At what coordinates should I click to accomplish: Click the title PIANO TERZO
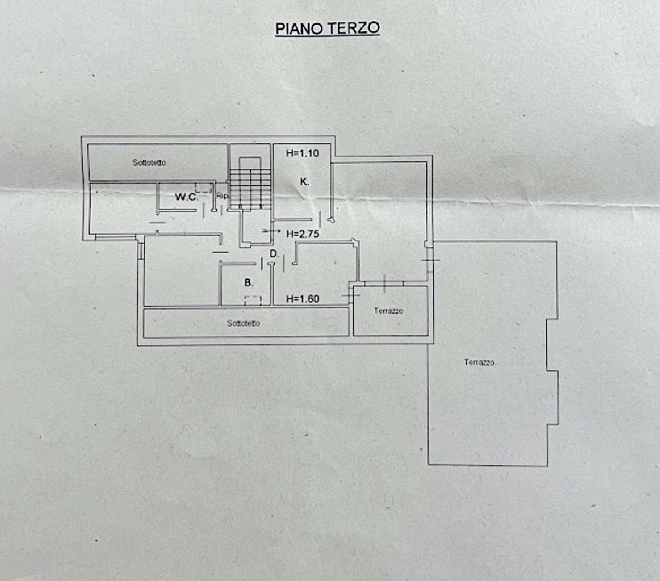pyautogui.click(x=326, y=28)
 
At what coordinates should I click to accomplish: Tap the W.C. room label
pyautogui.click(x=185, y=197)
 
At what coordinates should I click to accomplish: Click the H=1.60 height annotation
pyautogui.click(x=302, y=299)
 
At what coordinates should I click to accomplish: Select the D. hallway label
pyautogui.click(x=275, y=254)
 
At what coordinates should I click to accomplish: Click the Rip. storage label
pyautogui.click(x=222, y=196)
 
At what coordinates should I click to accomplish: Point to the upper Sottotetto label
pyautogui.click(x=150, y=163)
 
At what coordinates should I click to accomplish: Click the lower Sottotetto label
pyautogui.click(x=243, y=323)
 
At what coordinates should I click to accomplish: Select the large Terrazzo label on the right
pyautogui.click(x=479, y=363)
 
